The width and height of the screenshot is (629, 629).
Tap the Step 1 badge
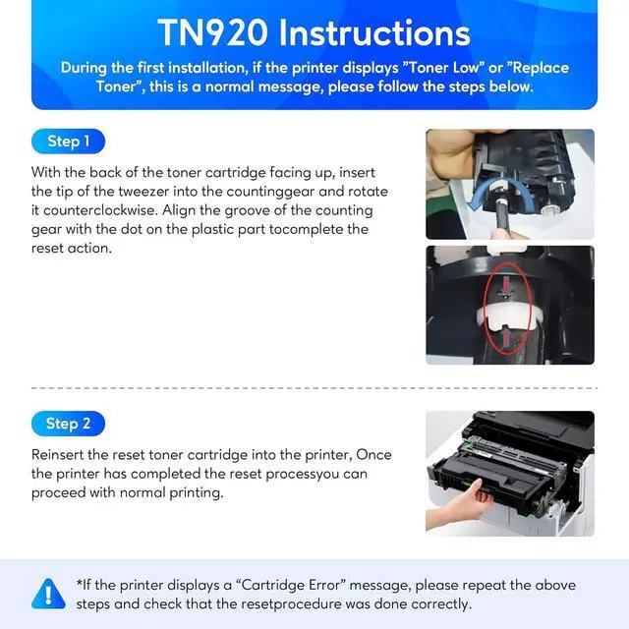[x=68, y=142]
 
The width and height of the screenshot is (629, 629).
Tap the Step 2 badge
[x=68, y=424]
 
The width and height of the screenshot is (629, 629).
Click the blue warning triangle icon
[x=47, y=594]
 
